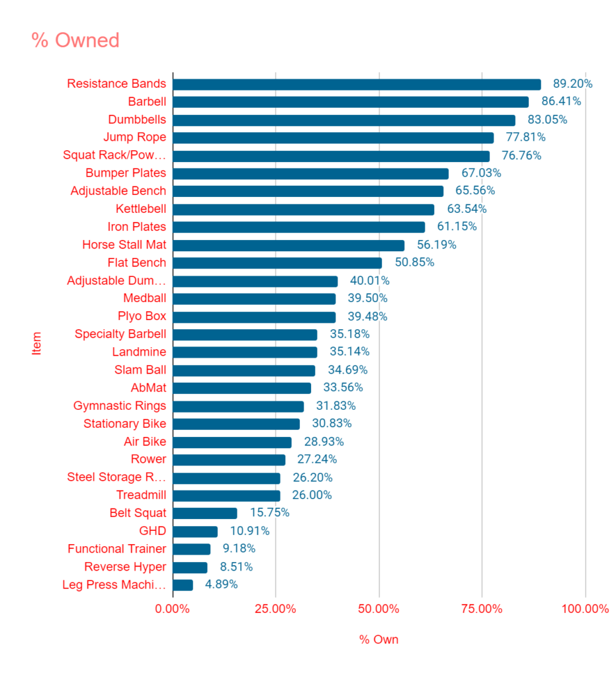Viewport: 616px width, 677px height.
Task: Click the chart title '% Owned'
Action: pos(75,40)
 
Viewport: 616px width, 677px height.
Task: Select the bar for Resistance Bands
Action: pos(357,84)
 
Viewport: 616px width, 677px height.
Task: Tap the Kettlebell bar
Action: pos(303,209)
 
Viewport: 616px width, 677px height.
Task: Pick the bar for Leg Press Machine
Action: pos(183,584)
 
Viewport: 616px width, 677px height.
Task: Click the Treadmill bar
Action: pos(226,495)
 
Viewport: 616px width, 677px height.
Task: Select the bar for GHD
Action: pos(195,531)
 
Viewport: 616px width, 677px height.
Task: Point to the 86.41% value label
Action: pos(561,102)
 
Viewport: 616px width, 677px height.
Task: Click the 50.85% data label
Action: pos(414,262)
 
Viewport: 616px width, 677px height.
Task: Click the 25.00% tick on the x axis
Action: pos(276,609)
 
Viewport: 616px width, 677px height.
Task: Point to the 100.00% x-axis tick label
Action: pos(585,609)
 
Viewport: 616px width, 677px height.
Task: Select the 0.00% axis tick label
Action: pos(173,609)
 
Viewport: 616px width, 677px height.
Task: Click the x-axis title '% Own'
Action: pos(378,640)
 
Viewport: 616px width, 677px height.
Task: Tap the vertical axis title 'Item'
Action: pos(37,343)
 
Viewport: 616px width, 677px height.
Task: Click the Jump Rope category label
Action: pos(134,138)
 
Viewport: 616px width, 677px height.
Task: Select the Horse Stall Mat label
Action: pos(124,245)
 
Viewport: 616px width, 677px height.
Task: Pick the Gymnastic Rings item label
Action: pos(120,405)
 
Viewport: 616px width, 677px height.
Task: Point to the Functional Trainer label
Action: pos(116,549)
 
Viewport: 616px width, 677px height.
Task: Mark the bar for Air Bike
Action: pos(232,442)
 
